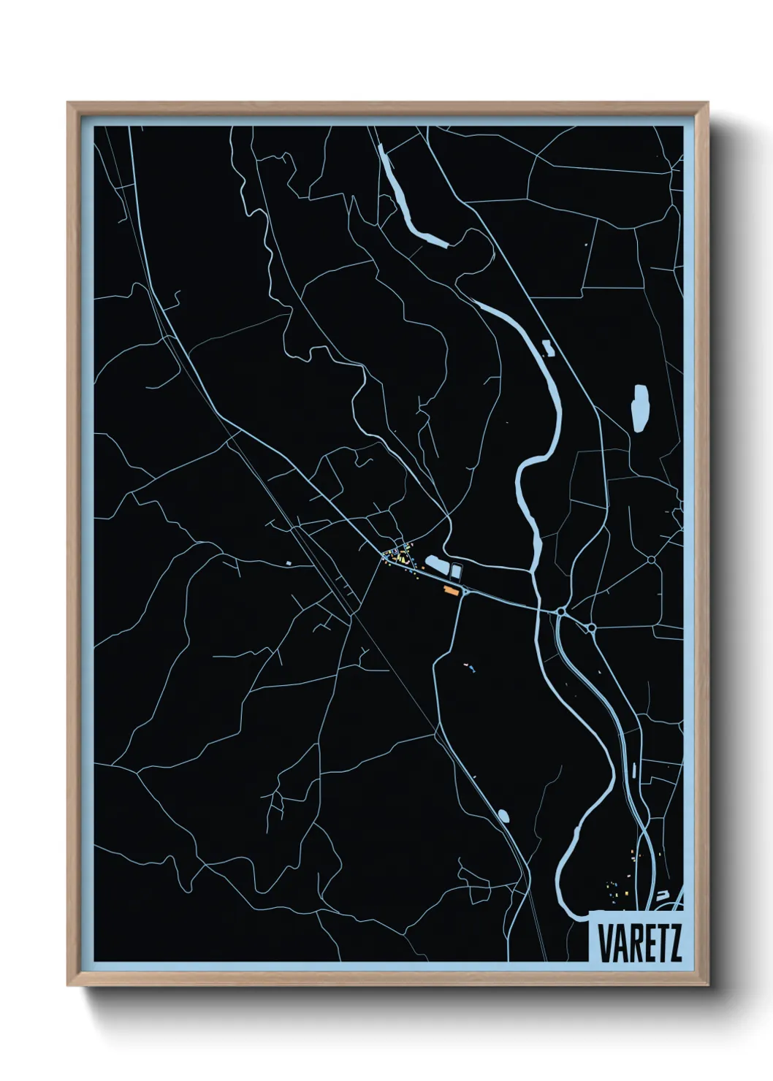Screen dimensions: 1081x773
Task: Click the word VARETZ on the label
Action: (x=640, y=943)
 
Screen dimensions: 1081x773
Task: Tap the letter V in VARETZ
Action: (x=605, y=943)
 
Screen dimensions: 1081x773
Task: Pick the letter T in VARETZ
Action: (x=661, y=943)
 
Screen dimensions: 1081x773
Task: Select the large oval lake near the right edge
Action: (x=640, y=408)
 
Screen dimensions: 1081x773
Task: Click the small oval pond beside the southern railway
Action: (x=503, y=814)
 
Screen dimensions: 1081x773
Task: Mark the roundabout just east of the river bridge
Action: (x=560, y=611)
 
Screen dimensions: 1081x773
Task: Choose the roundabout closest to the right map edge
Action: (x=651, y=560)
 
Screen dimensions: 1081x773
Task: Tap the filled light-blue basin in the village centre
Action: (x=435, y=564)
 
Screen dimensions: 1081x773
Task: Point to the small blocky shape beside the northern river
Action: (x=548, y=348)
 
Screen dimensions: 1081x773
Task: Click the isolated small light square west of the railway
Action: (x=289, y=562)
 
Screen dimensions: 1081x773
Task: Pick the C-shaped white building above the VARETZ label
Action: (x=663, y=894)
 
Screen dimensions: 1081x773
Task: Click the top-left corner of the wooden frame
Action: (x=68, y=103)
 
